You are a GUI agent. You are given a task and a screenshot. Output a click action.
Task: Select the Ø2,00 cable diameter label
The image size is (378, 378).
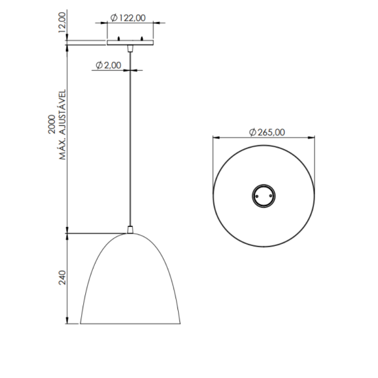click(108, 65)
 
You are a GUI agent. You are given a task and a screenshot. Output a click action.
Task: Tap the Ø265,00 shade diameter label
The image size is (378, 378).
click(266, 132)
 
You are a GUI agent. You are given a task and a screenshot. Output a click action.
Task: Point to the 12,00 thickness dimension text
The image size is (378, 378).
click(63, 21)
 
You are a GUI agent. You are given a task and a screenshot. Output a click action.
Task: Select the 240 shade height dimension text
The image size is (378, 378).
click(61, 278)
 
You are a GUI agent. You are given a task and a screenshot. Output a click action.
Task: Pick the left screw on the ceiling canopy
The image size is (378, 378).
click(119, 37)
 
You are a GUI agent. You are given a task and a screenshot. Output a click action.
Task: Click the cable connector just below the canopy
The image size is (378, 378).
click(130, 49)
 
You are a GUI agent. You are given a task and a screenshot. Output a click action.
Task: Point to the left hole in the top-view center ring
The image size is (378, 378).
click(256, 194)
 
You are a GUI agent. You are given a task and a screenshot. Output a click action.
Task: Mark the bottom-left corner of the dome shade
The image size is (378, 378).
click(81, 323)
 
